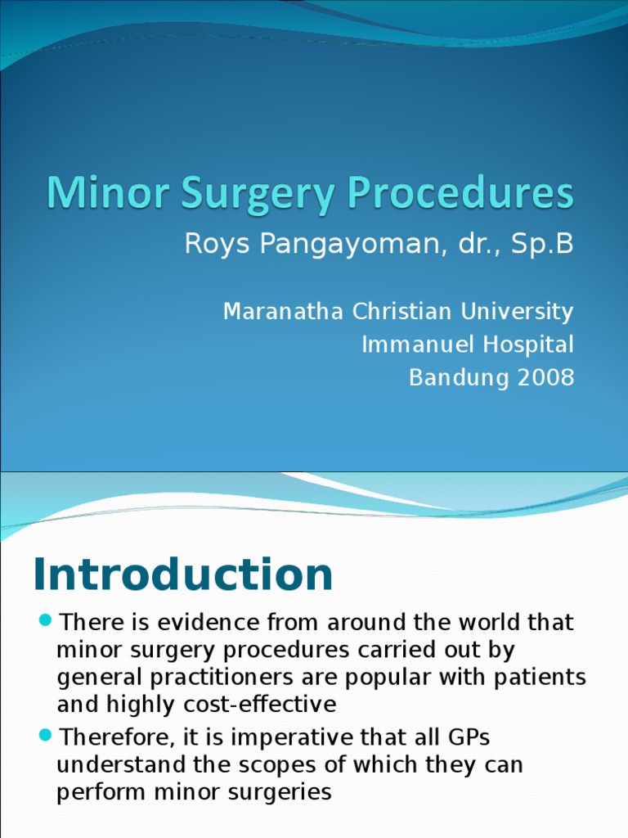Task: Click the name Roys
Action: point(212,244)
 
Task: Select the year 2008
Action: point(545,377)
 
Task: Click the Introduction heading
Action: point(183,574)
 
